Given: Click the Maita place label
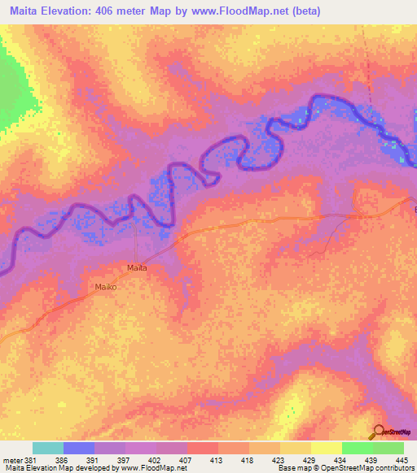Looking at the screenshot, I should click(x=136, y=267).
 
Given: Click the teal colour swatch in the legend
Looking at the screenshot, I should click(x=48, y=448).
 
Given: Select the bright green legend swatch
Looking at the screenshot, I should click(x=357, y=448).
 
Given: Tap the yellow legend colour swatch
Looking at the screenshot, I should click(x=326, y=448).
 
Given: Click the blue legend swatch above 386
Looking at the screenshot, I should click(x=79, y=448).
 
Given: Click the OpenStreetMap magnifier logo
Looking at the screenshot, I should click(x=379, y=431).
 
